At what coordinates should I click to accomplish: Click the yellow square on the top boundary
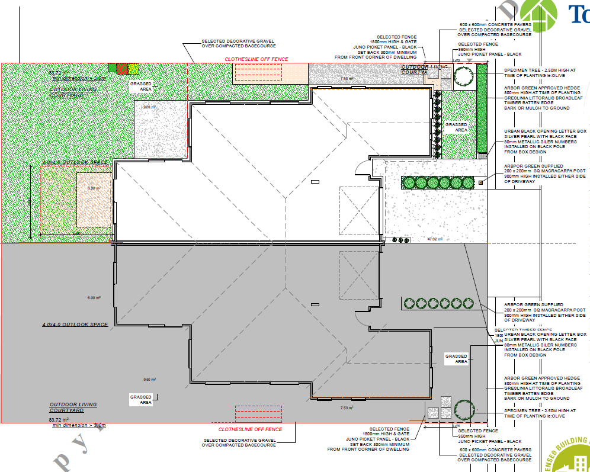point(134,68)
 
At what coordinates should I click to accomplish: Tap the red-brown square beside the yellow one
point(123,68)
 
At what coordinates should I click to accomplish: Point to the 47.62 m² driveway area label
point(435,239)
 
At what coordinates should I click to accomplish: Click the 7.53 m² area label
point(347,407)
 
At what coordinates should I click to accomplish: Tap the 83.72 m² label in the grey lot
point(59,419)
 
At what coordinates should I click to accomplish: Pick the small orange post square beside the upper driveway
point(481,182)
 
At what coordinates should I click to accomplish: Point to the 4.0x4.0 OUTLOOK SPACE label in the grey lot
point(75,325)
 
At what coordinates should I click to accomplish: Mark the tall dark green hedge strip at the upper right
point(482,108)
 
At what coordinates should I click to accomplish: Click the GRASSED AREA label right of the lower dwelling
point(457,358)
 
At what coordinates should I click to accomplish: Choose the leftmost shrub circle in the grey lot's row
point(408,304)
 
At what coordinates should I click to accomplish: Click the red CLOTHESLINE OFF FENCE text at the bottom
point(250,429)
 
